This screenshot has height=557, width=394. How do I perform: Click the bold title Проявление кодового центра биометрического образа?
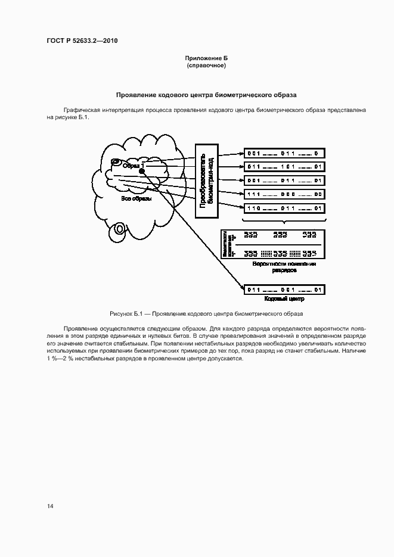[x=206, y=95]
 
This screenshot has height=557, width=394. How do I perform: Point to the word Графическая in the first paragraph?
[x=83, y=110]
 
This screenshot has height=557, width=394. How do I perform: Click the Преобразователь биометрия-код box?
[x=206, y=180]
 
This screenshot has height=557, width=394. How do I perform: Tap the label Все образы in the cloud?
[x=136, y=199]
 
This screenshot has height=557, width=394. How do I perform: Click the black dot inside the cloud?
[x=142, y=172]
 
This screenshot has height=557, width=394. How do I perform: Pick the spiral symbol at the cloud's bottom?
[x=120, y=228]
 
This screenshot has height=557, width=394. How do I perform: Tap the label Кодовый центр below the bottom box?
[x=284, y=299]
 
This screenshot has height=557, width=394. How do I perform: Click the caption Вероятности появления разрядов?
[x=284, y=266]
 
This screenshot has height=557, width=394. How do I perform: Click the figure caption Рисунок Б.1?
[x=206, y=313]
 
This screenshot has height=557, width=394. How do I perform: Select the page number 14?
[x=50, y=506]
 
